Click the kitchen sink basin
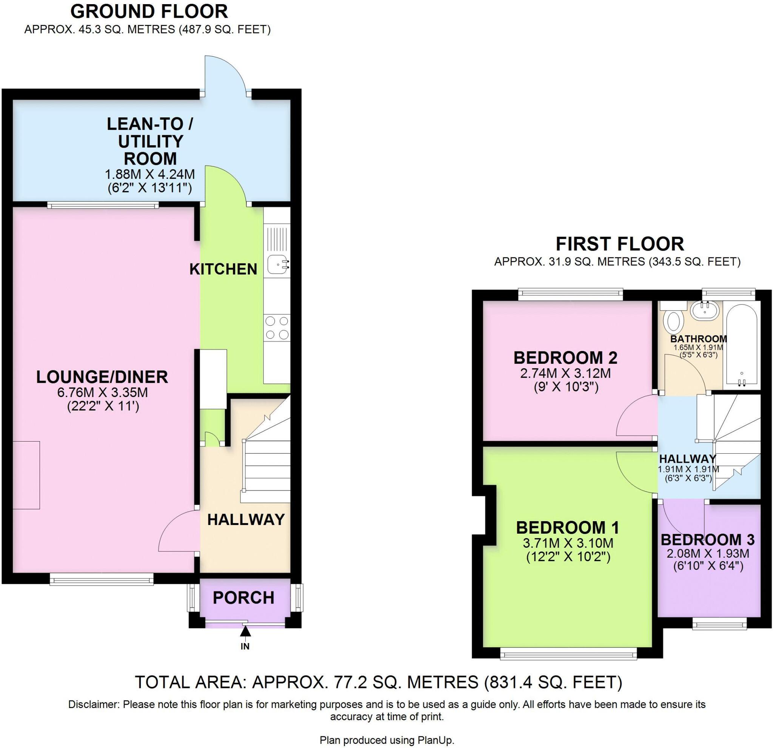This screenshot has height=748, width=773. pyautogui.click(x=276, y=264)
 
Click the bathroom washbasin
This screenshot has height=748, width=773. pyautogui.click(x=705, y=309)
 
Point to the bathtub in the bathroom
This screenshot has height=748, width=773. pyautogui.click(x=741, y=343)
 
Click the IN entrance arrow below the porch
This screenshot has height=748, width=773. pyautogui.click(x=245, y=632)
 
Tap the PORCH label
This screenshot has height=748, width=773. pyautogui.click(x=243, y=598)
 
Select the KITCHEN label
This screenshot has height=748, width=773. pyautogui.click(x=223, y=269)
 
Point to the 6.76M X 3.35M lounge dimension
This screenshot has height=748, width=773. pyautogui.click(x=103, y=392)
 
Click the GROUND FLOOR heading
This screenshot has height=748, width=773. pyautogui.click(x=149, y=11)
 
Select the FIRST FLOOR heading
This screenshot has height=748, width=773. pyautogui.click(x=620, y=244)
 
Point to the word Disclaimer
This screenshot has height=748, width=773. pyautogui.click(x=94, y=704)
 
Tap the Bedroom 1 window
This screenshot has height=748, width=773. pyautogui.click(x=568, y=655)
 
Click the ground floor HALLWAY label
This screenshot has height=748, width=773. pyautogui.click(x=246, y=520)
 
